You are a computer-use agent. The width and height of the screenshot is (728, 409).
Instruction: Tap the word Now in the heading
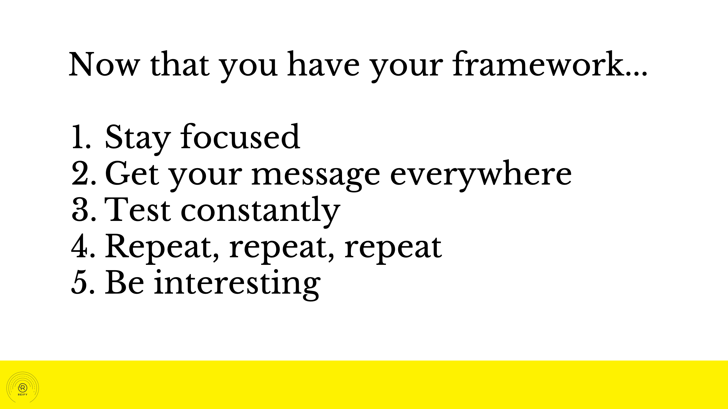click(105, 64)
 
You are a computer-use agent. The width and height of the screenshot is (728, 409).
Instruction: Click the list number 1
click(81, 137)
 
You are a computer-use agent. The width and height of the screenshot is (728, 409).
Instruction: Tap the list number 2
click(84, 173)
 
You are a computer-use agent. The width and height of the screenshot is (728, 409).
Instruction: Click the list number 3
click(84, 210)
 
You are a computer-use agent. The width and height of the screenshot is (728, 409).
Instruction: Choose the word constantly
click(261, 211)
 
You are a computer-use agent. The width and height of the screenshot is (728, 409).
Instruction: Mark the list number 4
click(83, 246)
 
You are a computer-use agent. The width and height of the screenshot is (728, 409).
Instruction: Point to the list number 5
click(83, 283)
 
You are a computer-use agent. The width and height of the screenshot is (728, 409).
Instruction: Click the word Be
click(125, 282)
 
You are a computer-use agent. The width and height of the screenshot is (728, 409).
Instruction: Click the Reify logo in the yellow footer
click(22, 388)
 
